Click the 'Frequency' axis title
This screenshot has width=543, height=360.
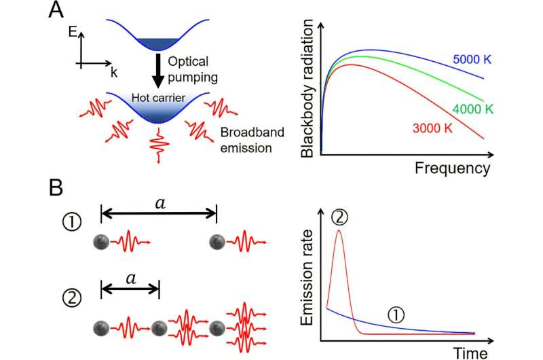tap(452, 166)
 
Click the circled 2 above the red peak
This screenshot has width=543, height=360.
tap(340, 217)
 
